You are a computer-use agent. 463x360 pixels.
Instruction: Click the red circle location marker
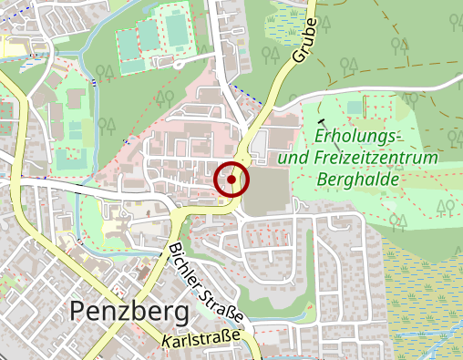pos(231,180)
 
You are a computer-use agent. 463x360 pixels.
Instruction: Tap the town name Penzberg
pos(129,312)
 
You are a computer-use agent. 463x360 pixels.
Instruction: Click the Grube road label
pos(305,40)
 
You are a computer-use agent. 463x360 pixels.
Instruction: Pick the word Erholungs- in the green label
pos(357,136)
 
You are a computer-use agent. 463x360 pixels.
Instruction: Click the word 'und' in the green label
pos(293,158)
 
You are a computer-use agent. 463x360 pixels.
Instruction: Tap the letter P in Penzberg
pos(78,313)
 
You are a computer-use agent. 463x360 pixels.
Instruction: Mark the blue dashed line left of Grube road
pos(242,92)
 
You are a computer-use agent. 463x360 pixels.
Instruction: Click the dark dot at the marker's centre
pos(231,180)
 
